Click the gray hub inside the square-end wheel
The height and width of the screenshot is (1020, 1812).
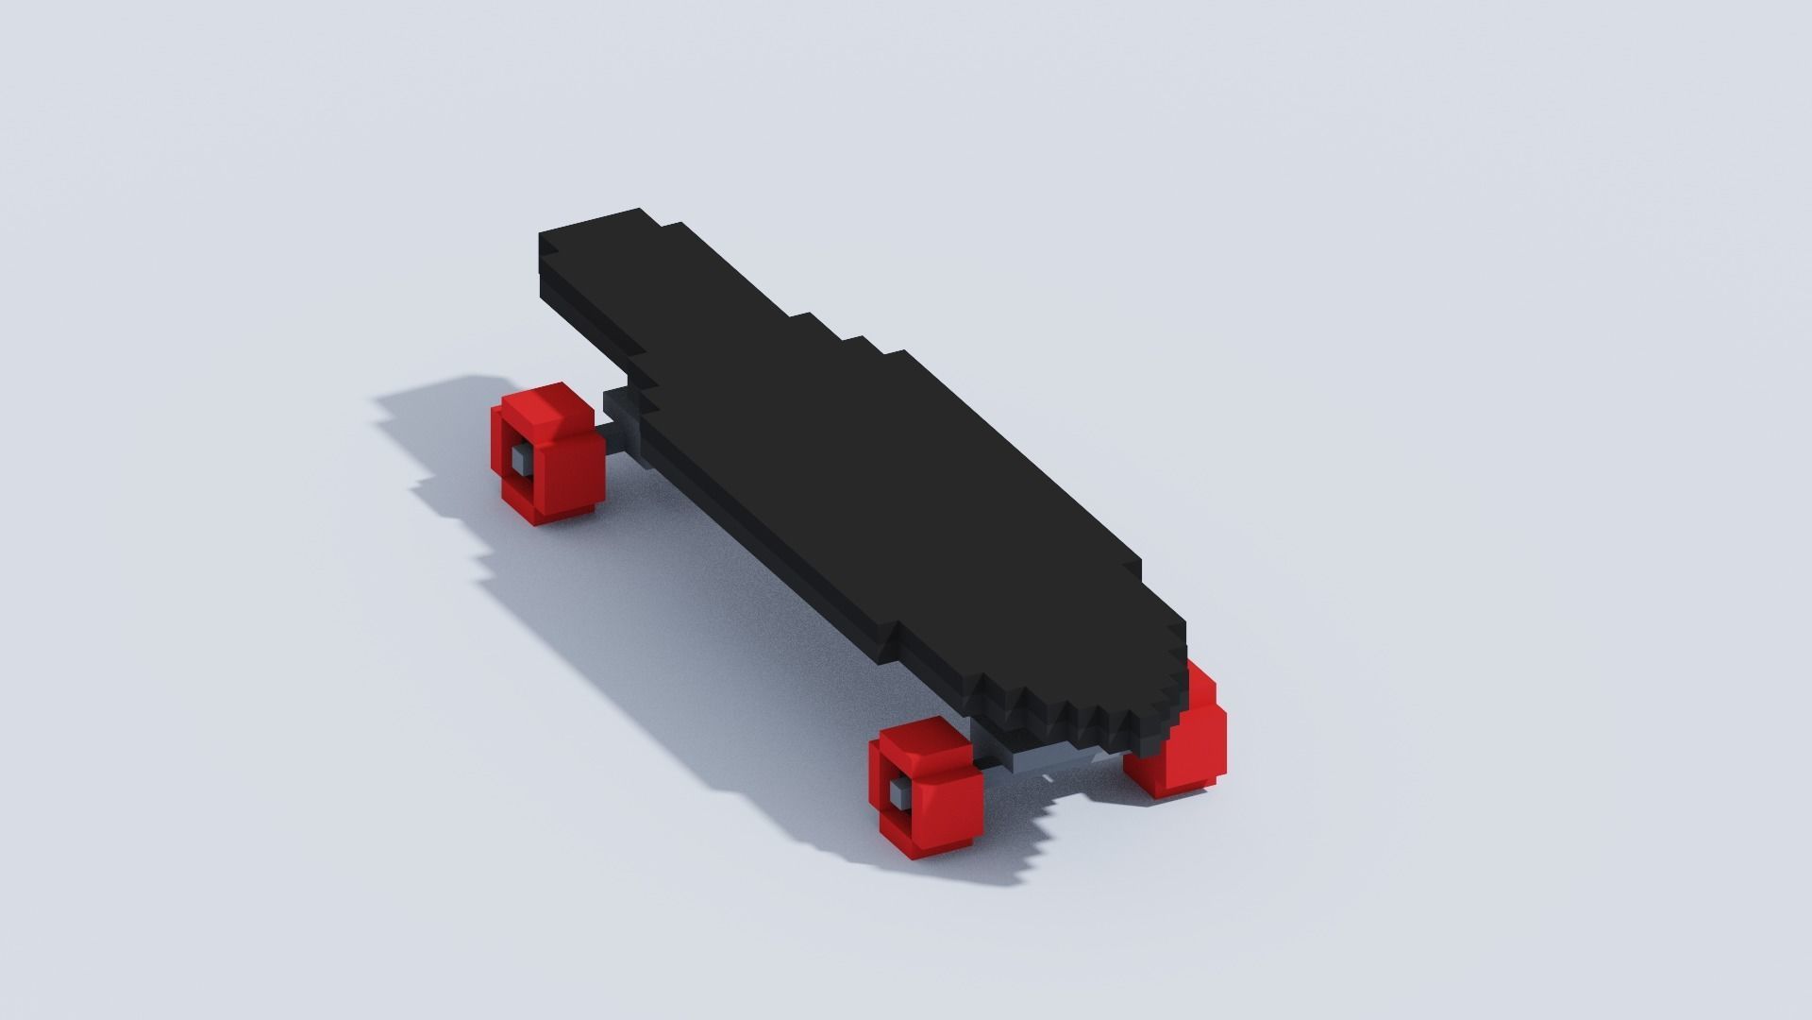[520, 460]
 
